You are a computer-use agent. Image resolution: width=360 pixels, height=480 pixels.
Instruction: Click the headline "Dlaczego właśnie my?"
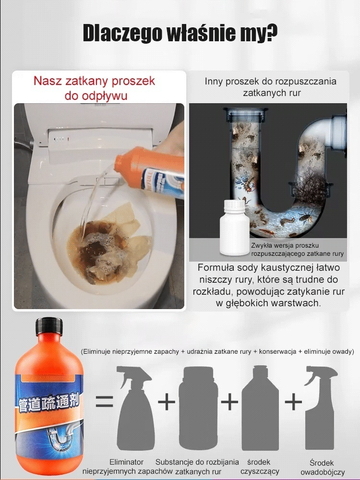(x=180, y=34)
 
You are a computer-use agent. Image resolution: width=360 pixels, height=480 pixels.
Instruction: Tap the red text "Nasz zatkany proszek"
(x=94, y=81)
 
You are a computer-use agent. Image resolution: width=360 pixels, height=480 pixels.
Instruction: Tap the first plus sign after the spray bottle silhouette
(x=167, y=401)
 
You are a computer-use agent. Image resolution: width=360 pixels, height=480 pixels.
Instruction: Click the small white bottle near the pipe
(x=233, y=227)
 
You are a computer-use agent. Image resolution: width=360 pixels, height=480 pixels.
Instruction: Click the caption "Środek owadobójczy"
(x=322, y=468)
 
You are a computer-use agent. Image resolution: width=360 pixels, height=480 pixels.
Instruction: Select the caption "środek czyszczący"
(x=260, y=467)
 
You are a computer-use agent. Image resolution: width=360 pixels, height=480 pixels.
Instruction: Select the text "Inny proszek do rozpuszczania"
(x=270, y=81)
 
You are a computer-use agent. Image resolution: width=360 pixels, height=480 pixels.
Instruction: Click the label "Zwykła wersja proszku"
(x=285, y=245)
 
